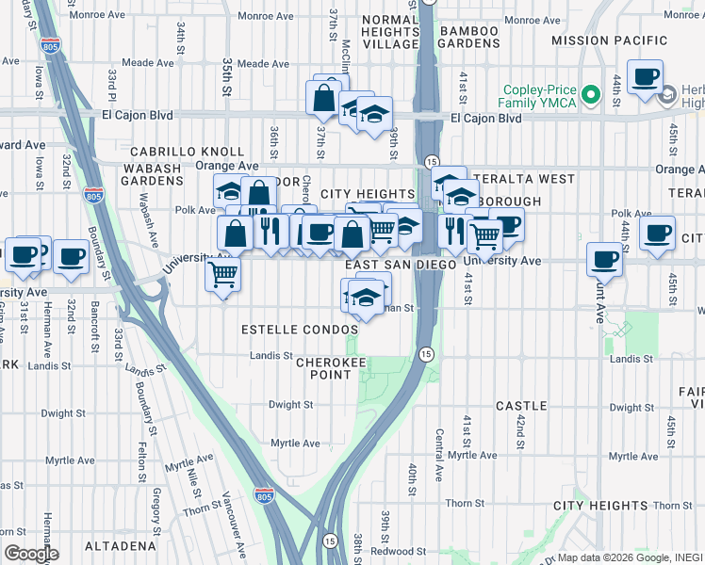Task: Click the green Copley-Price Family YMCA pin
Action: [591, 94]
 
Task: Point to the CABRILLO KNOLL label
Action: [187, 152]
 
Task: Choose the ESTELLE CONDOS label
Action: [300, 331]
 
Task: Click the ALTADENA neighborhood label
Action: [119, 546]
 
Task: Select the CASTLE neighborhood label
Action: [521, 406]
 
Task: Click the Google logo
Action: [30, 554]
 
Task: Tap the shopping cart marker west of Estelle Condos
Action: [223, 275]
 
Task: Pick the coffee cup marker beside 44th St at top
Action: [646, 77]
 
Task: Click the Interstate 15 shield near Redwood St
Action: [329, 541]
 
